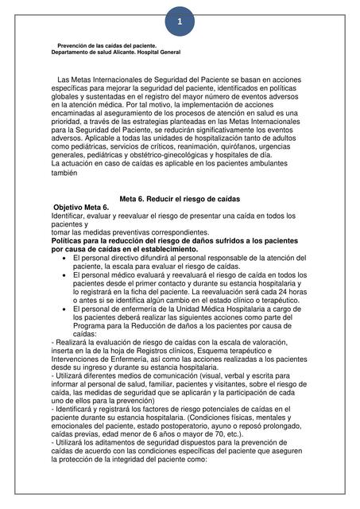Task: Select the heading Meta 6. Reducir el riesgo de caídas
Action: point(180,219)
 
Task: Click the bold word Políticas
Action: point(72,239)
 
